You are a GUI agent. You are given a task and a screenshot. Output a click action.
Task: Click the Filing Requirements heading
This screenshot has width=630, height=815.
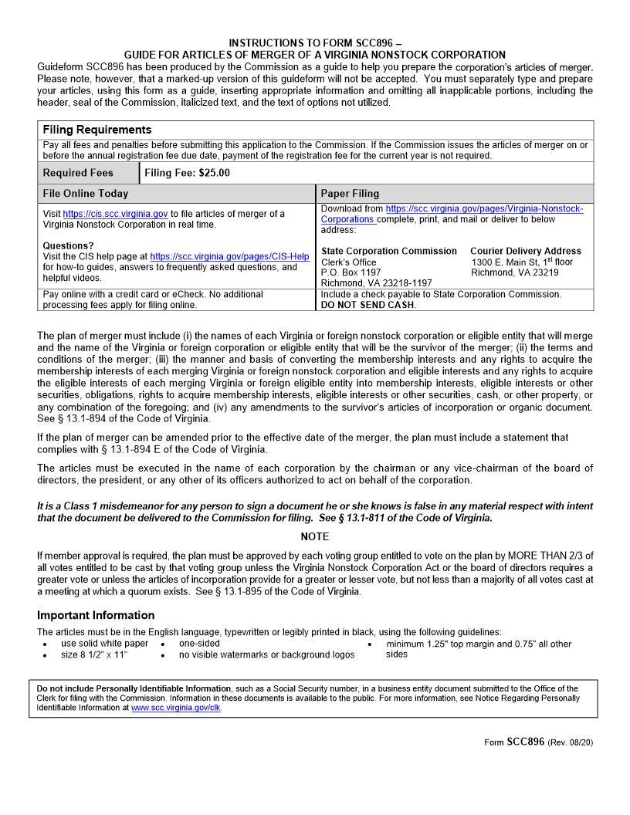pyautogui.click(x=97, y=130)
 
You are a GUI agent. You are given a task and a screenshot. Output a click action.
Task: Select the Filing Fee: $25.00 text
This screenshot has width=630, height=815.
pyautogui.click(x=187, y=173)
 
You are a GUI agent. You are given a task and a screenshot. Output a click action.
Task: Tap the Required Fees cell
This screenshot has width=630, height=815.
pyautogui.click(x=78, y=173)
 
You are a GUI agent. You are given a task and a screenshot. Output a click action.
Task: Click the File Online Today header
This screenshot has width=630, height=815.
pyautogui.click(x=86, y=194)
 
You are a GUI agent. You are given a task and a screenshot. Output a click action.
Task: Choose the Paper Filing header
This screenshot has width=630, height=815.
pyautogui.click(x=350, y=194)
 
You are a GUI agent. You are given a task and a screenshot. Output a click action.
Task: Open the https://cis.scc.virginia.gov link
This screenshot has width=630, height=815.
pyautogui.click(x=115, y=214)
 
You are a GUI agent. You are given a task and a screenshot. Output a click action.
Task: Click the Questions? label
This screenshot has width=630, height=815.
pyautogui.click(x=69, y=246)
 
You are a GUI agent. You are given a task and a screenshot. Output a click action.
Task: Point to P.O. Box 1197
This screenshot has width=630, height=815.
pyautogui.click(x=351, y=272)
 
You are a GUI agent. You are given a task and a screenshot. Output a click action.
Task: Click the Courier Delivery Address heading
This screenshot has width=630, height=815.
pyautogui.click(x=526, y=251)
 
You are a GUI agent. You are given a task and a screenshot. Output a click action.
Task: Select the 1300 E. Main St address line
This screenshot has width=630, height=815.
pyautogui.click(x=522, y=262)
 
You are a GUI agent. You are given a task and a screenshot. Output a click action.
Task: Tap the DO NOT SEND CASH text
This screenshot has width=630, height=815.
pyautogui.click(x=367, y=305)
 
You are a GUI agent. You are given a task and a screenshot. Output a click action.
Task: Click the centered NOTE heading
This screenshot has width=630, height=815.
pyautogui.click(x=314, y=536)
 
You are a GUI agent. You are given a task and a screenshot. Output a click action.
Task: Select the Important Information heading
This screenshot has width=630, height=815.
pyautogui.click(x=96, y=615)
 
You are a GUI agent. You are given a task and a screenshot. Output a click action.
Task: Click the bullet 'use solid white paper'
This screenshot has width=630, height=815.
pyautogui.click(x=104, y=644)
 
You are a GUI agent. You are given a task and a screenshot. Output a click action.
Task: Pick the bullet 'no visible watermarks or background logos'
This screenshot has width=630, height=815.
pyautogui.click(x=266, y=654)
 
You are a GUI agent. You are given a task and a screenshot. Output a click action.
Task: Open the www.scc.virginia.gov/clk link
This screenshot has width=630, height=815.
pyautogui.click(x=175, y=707)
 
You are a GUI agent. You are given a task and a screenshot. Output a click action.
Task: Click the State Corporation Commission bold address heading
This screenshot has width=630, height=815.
pyautogui.click(x=388, y=251)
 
